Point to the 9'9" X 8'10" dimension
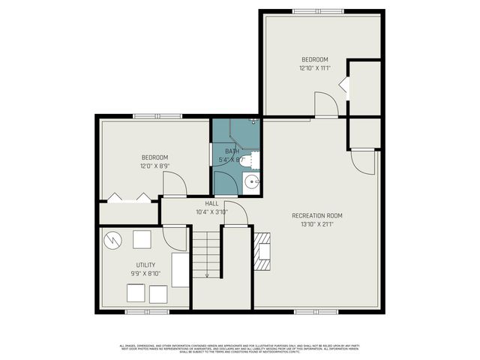tap(145, 274)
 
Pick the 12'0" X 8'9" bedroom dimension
tap(154, 166)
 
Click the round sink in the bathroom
tap(251, 182)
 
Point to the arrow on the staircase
tap(206, 272)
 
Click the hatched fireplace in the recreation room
tap(262, 250)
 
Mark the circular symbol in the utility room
tap(113, 241)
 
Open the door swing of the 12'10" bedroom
tap(326, 105)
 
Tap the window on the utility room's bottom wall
tap(145, 310)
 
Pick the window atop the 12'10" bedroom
tap(322, 10)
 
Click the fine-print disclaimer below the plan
tap(240, 347)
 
